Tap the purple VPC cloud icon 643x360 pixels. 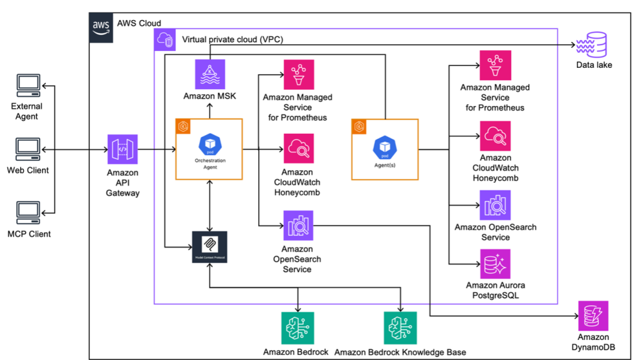point(165,40)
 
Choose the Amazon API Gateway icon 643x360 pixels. point(122,150)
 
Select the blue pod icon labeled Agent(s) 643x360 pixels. point(384,147)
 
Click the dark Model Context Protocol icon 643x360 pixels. point(209,246)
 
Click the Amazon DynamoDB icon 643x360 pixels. point(593,316)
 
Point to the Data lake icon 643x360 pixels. point(593,45)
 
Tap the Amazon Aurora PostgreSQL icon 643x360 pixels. point(495,264)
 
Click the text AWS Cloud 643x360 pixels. point(139,23)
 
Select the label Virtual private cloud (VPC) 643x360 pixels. point(232,40)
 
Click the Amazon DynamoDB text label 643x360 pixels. point(593,342)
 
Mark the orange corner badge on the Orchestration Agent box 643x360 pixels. point(183,124)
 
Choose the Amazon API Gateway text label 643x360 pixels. point(122,182)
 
